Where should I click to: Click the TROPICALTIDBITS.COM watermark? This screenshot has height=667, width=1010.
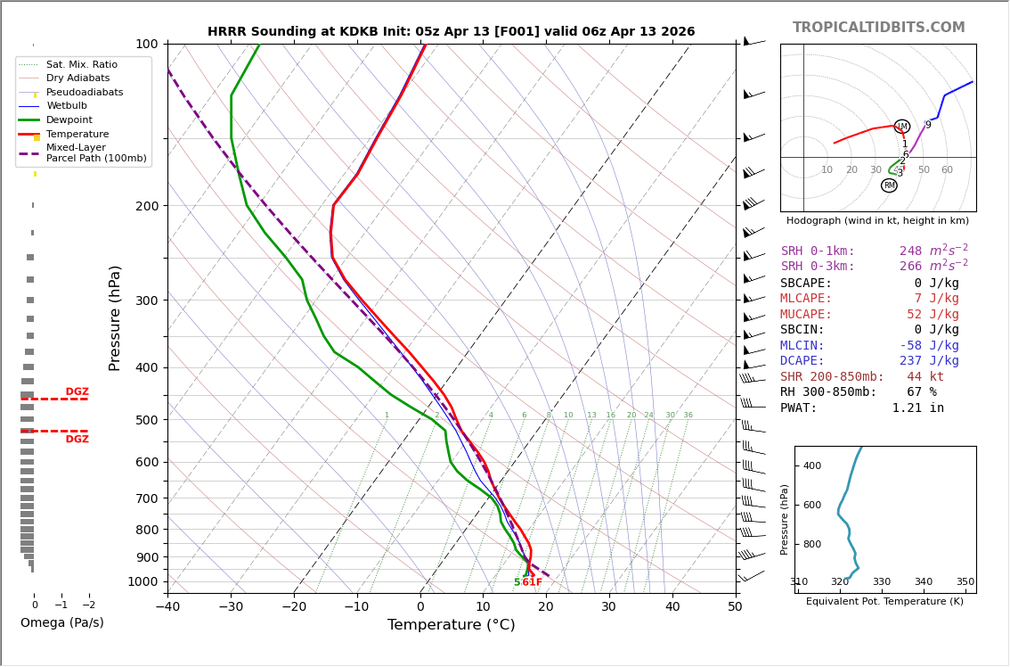(878, 28)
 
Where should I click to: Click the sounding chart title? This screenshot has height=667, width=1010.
(451, 31)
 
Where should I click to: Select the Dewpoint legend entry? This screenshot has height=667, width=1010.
(69, 120)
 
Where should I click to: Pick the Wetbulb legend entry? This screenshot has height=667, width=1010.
(67, 106)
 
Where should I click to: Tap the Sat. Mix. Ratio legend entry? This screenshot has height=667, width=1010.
(82, 64)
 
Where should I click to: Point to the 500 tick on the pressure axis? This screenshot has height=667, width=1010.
(146, 420)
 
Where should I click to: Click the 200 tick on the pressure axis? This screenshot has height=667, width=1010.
(146, 206)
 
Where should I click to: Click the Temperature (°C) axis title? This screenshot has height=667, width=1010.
(451, 626)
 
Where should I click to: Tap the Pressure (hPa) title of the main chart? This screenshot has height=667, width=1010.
(116, 317)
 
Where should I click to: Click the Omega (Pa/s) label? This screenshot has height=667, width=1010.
(61, 623)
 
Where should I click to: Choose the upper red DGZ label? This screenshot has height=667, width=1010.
(77, 392)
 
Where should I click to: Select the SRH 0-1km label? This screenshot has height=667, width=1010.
(817, 251)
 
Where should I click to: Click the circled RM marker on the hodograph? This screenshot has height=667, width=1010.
(889, 185)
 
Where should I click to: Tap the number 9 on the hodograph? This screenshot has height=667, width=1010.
(928, 126)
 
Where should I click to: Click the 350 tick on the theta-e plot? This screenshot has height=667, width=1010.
(965, 582)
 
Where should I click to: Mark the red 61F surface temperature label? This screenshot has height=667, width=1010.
(532, 583)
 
